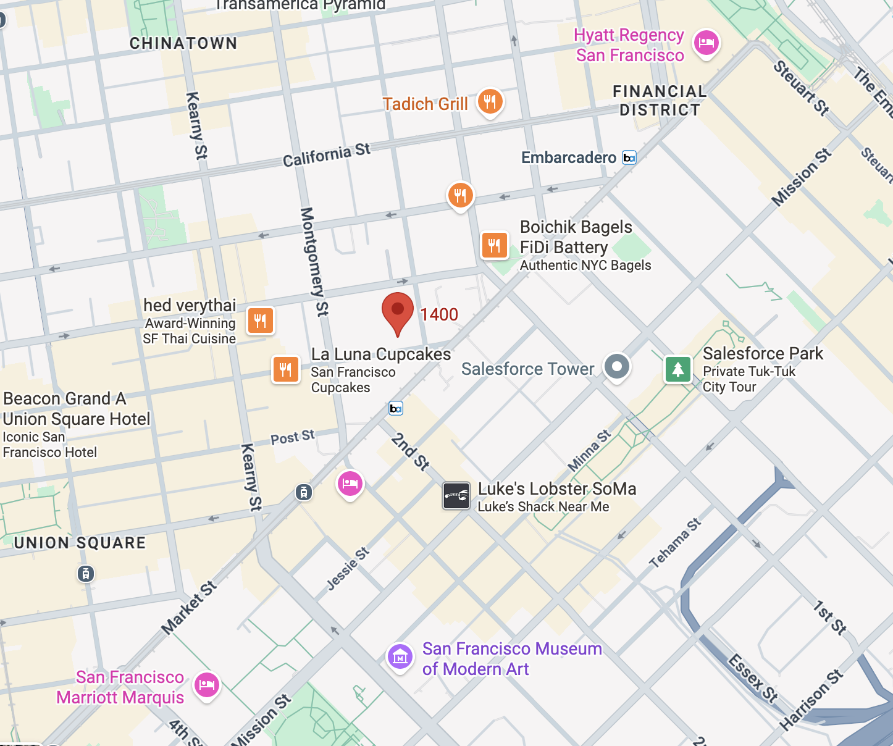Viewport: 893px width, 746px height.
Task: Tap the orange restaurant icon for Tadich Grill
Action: click(x=490, y=102)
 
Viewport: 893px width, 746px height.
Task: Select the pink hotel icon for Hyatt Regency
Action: click(x=706, y=43)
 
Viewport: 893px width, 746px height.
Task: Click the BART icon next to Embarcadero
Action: click(x=629, y=157)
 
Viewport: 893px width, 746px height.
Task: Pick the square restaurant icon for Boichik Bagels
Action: click(x=494, y=245)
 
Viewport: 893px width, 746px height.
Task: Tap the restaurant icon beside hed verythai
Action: click(x=261, y=321)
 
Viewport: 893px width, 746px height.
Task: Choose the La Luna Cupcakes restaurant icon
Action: click(x=285, y=369)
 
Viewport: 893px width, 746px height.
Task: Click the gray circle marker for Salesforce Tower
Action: click(x=616, y=366)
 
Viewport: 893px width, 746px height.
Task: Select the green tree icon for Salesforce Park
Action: click(x=677, y=369)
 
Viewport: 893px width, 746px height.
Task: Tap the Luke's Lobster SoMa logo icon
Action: click(x=456, y=495)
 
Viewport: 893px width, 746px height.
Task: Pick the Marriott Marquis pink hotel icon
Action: click(x=207, y=684)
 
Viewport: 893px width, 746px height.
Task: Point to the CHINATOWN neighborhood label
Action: click(x=183, y=43)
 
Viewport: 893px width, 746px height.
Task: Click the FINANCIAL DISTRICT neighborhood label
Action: click(x=660, y=101)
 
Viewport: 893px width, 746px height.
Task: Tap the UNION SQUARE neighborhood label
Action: click(x=80, y=543)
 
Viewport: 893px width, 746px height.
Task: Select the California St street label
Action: click(x=327, y=155)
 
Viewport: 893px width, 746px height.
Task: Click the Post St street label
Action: click(x=293, y=437)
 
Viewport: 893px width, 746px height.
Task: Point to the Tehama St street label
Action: click(x=675, y=543)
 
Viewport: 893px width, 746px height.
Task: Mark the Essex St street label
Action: click(x=752, y=678)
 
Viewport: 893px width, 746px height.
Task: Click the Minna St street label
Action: click(x=589, y=450)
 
